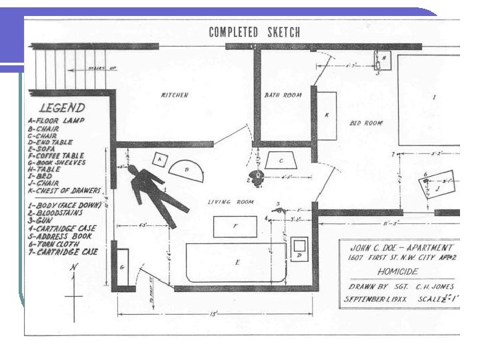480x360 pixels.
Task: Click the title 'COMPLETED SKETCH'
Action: point(254,32)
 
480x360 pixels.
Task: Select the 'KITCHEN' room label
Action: point(175,95)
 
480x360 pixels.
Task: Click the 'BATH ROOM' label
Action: point(283,95)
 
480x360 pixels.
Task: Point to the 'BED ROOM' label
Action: point(366,123)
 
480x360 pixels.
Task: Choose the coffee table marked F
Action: point(235,227)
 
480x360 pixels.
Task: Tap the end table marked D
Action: point(298,250)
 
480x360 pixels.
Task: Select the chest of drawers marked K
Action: point(327,115)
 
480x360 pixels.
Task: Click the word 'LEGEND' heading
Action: point(62,107)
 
